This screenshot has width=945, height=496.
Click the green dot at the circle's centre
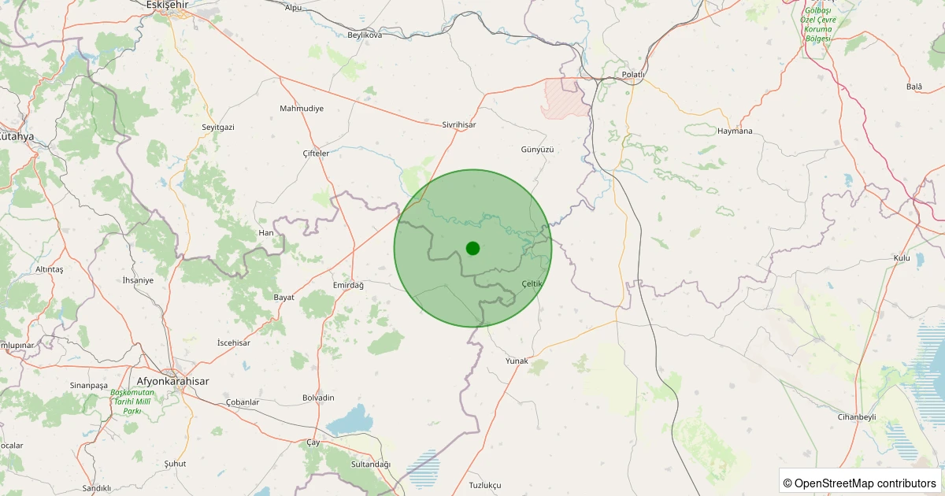tap(472, 248)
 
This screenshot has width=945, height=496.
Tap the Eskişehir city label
tap(169, 5)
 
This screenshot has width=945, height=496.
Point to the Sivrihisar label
tap(458, 124)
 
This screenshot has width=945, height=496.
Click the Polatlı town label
tap(633, 75)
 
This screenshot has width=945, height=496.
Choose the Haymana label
tap(739, 131)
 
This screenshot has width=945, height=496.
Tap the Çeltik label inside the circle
tap(532, 283)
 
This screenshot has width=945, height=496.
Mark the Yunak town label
tap(517, 361)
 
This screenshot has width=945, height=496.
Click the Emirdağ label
tap(348, 285)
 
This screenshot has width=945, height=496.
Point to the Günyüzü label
tap(538, 149)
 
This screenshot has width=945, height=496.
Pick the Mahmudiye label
tap(302, 108)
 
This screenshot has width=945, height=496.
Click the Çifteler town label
tap(316, 154)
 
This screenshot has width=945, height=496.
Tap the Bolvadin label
tap(318, 398)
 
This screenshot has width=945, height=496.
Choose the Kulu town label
tap(902, 258)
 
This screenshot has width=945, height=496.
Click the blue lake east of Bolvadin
tap(350, 421)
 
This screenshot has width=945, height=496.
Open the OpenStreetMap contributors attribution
tap(860, 483)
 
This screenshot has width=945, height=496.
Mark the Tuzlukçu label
tap(484, 485)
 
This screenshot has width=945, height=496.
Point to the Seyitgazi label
tap(218, 127)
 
